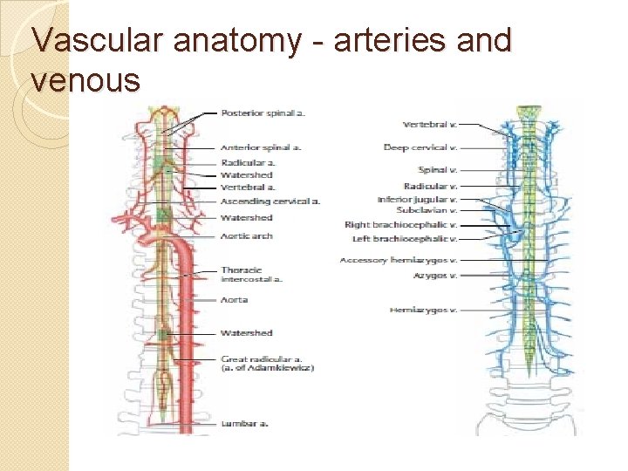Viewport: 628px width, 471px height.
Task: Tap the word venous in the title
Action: tap(85, 80)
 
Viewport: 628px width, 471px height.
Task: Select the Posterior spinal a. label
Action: tap(263, 113)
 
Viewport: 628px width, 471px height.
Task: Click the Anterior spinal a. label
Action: tap(261, 147)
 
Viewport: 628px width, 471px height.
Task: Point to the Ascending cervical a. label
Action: tap(270, 201)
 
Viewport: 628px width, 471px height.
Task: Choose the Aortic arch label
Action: tap(247, 235)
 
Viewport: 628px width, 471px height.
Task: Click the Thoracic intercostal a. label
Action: tap(251, 275)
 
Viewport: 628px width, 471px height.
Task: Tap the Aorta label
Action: tap(235, 299)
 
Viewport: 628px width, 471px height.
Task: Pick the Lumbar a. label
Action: tap(244, 423)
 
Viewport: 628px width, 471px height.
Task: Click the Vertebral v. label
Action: tap(430, 125)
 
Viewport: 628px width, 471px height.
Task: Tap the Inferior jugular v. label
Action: tap(417, 200)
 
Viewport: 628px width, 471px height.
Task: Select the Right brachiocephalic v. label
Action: tap(401, 225)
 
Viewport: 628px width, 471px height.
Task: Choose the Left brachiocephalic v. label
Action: tap(405, 238)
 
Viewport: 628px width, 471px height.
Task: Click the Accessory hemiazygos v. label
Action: tap(399, 260)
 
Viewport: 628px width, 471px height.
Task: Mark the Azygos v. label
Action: tap(436, 275)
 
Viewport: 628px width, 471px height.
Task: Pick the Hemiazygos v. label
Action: tap(424, 310)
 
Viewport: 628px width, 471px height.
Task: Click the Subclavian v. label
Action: tap(426, 210)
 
